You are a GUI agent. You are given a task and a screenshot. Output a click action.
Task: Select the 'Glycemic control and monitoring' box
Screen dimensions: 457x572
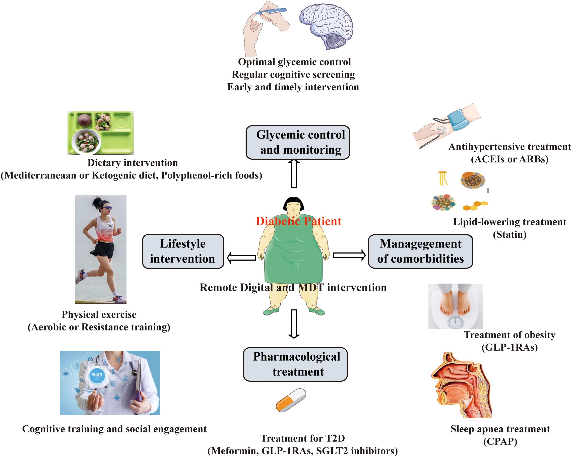tap(298, 143)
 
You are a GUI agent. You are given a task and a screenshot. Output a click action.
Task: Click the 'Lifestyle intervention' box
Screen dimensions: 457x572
tap(183, 251)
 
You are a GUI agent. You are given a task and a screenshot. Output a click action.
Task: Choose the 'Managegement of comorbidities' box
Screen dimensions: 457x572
tap(420, 251)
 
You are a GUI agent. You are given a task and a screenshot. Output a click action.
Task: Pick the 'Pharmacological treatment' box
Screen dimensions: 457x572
tap(295, 364)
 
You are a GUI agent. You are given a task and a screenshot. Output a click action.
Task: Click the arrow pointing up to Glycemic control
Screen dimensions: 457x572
tap(294, 174)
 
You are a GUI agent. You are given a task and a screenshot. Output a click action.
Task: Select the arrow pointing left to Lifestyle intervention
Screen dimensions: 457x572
tap(241, 257)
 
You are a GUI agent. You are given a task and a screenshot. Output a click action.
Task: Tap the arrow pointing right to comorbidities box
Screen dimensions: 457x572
tap(349, 255)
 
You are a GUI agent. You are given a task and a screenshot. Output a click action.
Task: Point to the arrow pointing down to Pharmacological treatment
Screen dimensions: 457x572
tap(294, 323)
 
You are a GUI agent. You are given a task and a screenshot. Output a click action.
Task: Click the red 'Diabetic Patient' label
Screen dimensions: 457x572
tap(298, 221)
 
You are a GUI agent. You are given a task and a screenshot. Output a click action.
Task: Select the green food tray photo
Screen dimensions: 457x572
tap(101, 133)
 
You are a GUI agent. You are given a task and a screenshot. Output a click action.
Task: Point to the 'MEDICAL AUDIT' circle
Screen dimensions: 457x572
tap(97, 376)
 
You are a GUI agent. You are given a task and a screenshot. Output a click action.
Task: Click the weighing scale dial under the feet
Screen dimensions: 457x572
tap(456, 322)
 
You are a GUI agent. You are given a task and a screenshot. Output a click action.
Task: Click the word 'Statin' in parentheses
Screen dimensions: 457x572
tap(510, 234)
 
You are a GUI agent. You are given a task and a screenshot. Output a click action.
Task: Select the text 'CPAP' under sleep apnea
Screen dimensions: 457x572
tap(500, 442)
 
